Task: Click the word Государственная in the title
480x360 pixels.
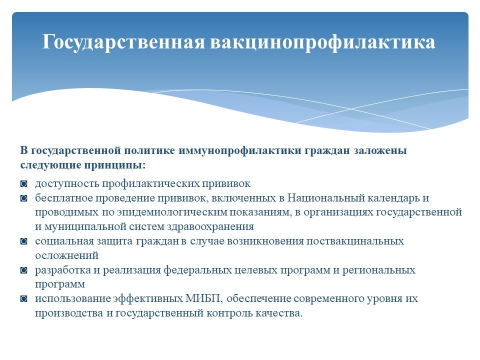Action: (123, 42)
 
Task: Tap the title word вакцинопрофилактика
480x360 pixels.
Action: (322, 42)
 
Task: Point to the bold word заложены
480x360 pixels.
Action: (380, 151)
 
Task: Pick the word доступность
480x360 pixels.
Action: (67, 183)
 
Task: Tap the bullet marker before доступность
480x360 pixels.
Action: (23, 184)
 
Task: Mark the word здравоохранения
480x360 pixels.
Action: (210, 227)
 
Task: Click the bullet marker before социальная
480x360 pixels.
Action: (23, 241)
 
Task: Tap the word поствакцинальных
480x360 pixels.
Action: (355, 241)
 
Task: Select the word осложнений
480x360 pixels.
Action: (66, 255)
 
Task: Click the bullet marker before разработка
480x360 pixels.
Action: (23, 270)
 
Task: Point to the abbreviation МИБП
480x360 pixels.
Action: (202, 299)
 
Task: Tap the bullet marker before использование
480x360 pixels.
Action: (23, 299)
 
